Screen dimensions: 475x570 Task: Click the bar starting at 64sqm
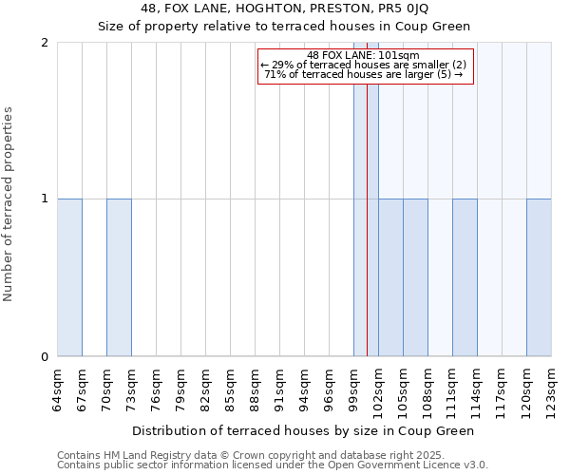point(69,277)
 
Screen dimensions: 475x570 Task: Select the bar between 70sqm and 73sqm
point(119,277)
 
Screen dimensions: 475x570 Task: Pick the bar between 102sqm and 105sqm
point(390,277)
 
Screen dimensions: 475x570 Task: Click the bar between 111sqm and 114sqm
point(465,277)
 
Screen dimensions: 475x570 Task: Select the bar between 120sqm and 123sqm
point(539,277)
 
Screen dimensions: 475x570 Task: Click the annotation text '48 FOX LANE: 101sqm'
point(365,55)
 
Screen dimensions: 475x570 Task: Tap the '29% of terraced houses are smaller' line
point(365,65)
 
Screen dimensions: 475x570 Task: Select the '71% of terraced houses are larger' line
point(365,74)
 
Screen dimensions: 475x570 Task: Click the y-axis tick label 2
point(45,43)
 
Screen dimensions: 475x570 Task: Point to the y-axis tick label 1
point(45,199)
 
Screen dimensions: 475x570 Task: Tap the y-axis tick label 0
point(45,357)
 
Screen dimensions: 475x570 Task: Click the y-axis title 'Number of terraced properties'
point(9,204)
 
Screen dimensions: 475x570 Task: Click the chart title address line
point(285,9)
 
